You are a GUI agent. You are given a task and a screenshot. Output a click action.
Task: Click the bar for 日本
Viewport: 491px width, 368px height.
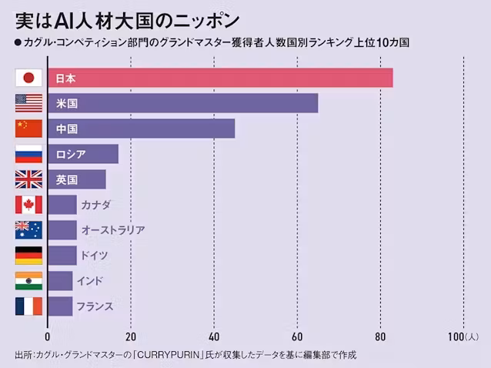(220, 78)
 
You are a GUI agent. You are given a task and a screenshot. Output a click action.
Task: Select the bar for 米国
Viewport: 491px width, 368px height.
(183, 103)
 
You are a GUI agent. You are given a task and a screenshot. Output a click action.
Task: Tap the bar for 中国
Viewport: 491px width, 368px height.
(142, 129)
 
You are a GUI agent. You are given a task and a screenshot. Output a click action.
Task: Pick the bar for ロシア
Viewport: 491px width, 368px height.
(83, 154)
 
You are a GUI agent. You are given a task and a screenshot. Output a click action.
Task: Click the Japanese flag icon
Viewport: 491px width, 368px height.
(28, 78)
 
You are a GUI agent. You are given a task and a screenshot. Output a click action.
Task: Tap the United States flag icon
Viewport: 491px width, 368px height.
(28, 103)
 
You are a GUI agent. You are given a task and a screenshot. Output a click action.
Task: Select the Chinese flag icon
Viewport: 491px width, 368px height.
(28, 129)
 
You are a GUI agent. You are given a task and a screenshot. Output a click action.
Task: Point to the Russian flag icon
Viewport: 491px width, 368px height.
(28, 154)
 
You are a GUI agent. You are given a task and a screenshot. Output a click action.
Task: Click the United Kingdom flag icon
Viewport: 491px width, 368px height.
(28, 179)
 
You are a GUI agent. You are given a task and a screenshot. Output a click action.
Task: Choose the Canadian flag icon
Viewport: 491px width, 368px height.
(28, 205)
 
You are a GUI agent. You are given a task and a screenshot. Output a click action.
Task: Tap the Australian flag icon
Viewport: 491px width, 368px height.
(28, 229)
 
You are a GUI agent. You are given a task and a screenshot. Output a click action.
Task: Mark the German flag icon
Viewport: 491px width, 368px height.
(28, 255)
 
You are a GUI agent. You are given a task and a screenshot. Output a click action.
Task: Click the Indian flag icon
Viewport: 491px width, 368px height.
(28, 280)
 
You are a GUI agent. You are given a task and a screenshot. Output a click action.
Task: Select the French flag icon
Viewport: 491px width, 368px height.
(28, 306)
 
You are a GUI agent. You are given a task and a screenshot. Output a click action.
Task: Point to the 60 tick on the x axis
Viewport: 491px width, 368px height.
(297, 336)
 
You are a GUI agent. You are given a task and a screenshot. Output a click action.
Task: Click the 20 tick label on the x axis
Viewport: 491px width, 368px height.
(131, 336)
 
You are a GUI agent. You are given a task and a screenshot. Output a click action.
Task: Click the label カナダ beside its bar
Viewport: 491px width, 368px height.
(95, 205)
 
